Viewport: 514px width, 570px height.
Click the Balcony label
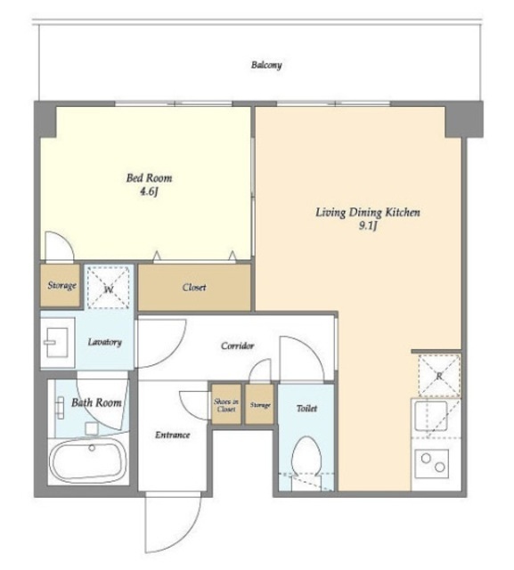(x=266, y=65)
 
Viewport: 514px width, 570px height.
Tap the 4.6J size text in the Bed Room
(x=149, y=191)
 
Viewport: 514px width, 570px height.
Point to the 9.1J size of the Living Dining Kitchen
(x=368, y=226)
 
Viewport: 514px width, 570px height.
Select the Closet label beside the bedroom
(x=194, y=288)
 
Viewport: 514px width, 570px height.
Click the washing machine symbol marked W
(x=109, y=288)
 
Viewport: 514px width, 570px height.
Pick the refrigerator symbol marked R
(x=439, y=376)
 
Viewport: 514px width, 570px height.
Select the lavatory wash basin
(x=57, y=342)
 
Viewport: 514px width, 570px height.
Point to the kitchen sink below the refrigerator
(x=431, y=416)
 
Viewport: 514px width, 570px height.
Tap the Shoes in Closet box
(x=226, y=404)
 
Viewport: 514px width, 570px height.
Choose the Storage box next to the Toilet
(x=259, y=404)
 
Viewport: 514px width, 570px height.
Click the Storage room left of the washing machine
(x=60, y=286)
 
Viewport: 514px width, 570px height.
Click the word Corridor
(x=237, y=346)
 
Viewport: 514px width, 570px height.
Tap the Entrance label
(x=172, y=435)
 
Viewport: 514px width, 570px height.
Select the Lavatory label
(x=105, y=342)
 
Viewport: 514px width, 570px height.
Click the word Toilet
(x=306, y=409)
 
